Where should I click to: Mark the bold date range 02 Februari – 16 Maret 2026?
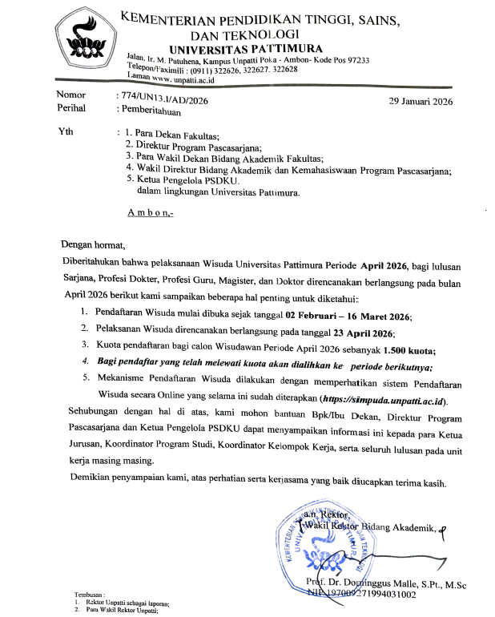click(x=340, y=315)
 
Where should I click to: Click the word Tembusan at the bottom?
click(x=90, y=594)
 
